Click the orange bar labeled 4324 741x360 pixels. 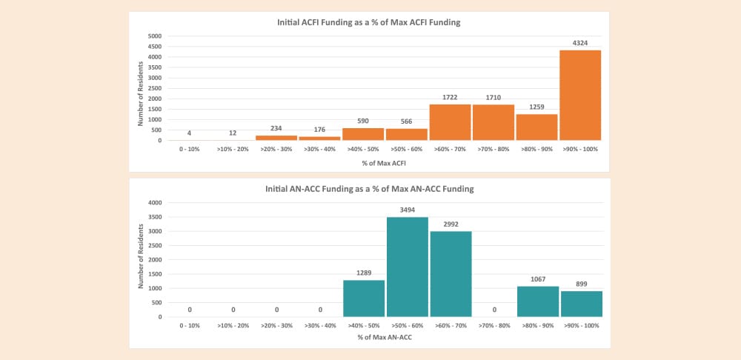pos(579,95)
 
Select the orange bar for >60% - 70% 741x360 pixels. pos(450,122)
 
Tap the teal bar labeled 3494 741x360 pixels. pos(407,267)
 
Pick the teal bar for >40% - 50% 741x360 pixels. pos(364,299)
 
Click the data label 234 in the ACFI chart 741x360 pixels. pos(276,128)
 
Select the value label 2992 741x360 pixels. pos(450,224)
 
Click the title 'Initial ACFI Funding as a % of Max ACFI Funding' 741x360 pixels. pos(369,22)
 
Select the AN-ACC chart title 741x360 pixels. pos(369,189)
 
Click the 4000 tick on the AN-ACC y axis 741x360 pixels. pos(155,202)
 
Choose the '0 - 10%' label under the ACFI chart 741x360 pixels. pos(190,149)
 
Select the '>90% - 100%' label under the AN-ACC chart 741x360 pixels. pos(580,325)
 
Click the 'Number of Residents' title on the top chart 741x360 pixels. pos(139,88)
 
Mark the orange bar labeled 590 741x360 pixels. pos(364,134)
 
